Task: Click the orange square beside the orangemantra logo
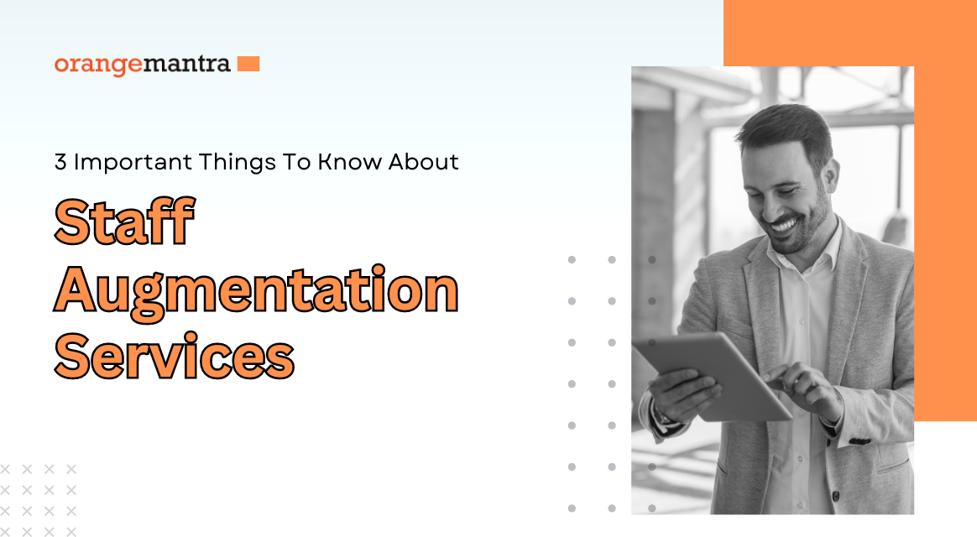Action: click(x=248, y=64)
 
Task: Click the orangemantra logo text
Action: click(x=142, y=65)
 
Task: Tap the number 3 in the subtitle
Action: click(x=60, y=162)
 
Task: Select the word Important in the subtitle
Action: click(x=132, y=162)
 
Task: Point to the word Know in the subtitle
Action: click(x=349, y=162)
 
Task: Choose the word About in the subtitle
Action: click(x=424, y=162)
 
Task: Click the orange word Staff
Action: click(x=124, y=222)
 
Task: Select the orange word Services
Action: click(x=175, y=357)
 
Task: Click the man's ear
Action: click(x=833, y=175)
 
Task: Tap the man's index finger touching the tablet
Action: click(x=775, y=374)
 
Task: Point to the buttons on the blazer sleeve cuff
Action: click(x=859, y=441)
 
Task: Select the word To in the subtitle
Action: click(x=296, y=162)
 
